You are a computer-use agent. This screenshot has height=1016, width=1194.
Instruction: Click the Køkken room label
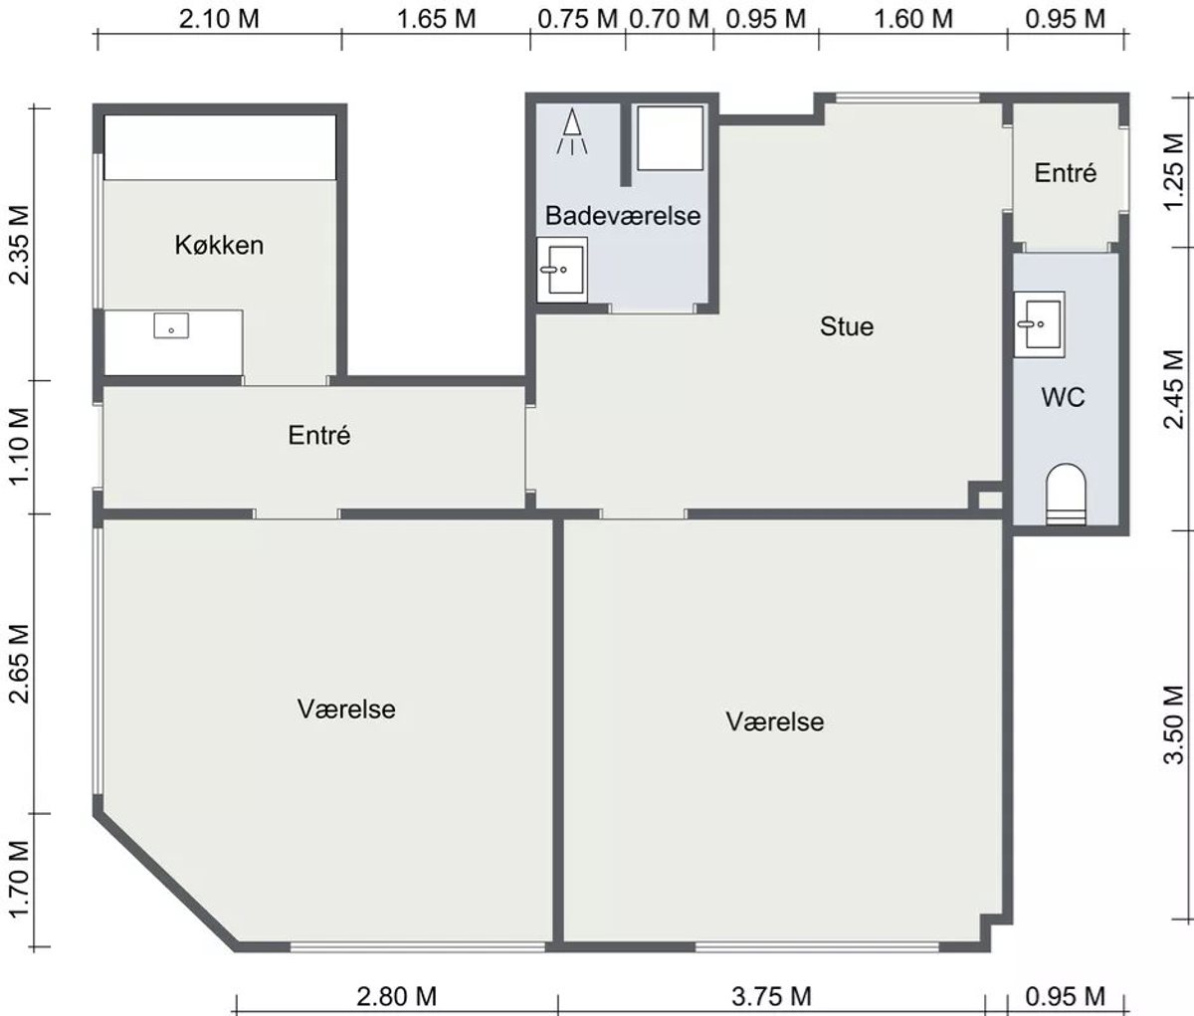tap(219, 246)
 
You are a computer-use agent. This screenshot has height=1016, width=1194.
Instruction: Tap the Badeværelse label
tap(623, 216)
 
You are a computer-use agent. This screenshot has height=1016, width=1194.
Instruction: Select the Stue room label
tap(847, 327)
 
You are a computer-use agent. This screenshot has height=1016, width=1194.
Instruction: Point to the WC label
tap(1063, 397)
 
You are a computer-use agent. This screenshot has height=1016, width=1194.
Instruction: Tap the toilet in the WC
tap(1066, 495)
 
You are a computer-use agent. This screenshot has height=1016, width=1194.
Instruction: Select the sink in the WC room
tap(1040, 324)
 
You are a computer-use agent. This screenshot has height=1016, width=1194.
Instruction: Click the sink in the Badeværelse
tap(562, 270)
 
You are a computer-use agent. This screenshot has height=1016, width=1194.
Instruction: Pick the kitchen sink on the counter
tap(171, 325)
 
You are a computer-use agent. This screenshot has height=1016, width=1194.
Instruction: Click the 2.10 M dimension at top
tap(219, 19)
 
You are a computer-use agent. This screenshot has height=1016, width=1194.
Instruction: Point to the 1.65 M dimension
tap(436, 19)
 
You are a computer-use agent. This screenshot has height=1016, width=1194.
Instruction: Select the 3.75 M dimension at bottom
tap(771, 996)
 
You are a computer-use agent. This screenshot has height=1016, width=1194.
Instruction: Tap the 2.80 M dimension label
tap(397, 996)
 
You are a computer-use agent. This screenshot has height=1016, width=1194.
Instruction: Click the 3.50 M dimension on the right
tap(1175, 724)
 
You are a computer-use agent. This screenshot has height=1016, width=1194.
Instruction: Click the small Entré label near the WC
tap(1066, 173)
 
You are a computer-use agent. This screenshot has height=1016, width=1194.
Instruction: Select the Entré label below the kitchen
tap(319, 436)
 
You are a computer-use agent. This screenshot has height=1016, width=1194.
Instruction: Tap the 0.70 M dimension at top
tap(669, 19)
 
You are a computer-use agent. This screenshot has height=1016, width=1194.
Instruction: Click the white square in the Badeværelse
tap(670, 137)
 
